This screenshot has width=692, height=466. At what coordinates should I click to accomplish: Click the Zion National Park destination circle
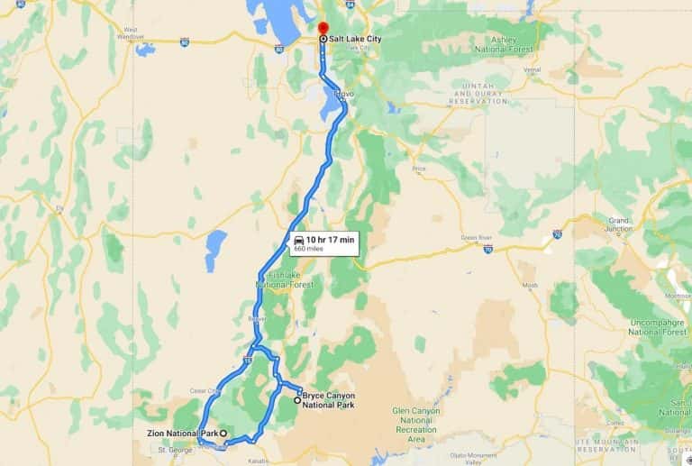(223, 434)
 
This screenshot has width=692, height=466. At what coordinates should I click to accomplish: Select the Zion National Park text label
(184, 434)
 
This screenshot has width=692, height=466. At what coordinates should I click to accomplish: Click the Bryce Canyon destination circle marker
(297, 400)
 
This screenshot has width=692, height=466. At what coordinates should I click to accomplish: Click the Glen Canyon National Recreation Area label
(415, 425)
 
